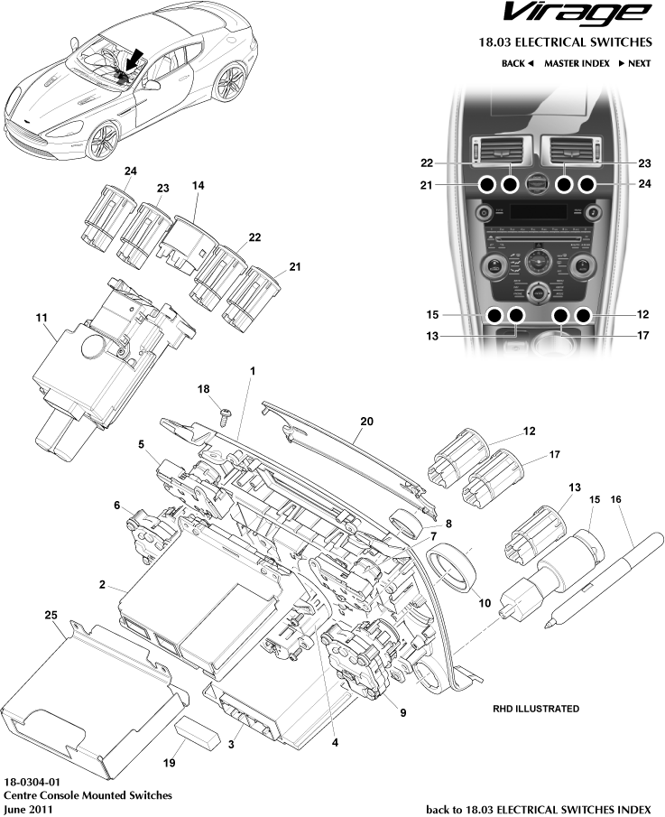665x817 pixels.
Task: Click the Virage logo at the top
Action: (x=576, y=14)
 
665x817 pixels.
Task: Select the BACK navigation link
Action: (x=518, y=63)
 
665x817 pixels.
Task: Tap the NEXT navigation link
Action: (x=633, y=63)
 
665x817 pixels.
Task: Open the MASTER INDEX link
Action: (x=577, y=63)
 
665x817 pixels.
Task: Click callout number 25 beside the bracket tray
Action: (x=51, y=614)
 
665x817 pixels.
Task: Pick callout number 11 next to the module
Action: (x=42, y=319)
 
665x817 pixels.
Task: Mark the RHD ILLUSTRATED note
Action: (x=536, y=709)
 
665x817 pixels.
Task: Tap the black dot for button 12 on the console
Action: (x=584, y=316)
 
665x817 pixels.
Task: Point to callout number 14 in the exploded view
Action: (x=198, y=185)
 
